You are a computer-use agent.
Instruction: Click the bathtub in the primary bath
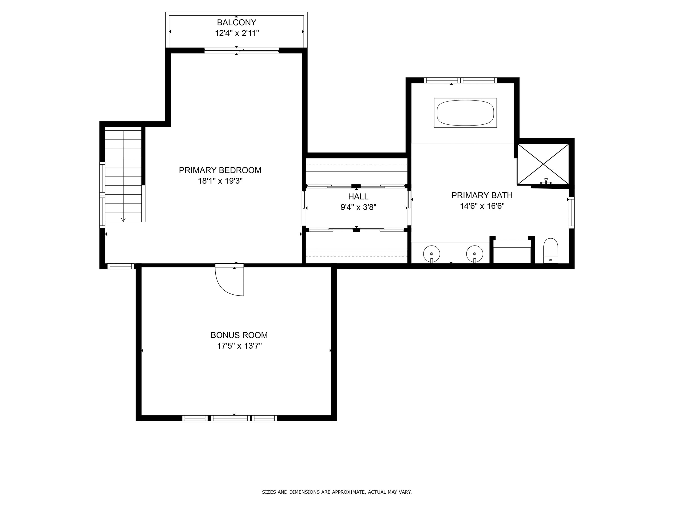[x=465, y=113]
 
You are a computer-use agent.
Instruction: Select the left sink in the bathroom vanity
[x=431, y=254]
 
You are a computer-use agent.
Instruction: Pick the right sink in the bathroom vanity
[x=474, y=254]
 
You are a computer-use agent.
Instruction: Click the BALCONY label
[x=236, y=22]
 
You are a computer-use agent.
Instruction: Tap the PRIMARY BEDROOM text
[x=220, y=170]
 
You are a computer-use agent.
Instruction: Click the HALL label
[x=358, y=196]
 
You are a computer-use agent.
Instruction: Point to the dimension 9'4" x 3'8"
[x=358, y=207]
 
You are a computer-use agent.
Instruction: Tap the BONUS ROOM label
[x=239, y=335]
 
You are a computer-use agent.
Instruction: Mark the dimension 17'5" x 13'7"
[x=239, y=346]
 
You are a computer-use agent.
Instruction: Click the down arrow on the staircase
[x=123, y=219]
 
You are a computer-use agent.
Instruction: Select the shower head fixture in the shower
[x=546, y=181]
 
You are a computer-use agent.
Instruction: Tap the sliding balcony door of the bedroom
[x=241, y=51]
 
